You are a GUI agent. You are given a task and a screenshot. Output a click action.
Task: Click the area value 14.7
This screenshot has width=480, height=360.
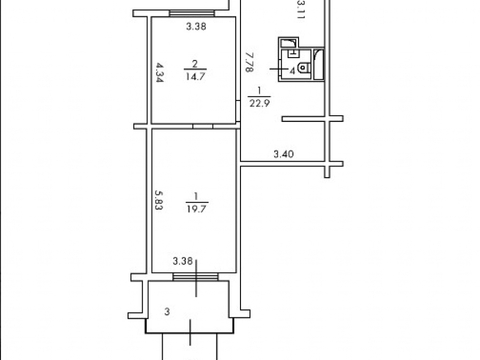[x=195, y=76]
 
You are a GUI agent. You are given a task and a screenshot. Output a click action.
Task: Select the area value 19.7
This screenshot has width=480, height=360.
[x=197, y=209]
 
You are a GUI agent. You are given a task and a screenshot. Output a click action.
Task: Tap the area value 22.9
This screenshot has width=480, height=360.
[x=260, y=103]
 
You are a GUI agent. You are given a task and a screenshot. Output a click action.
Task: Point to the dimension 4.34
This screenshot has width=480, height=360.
[x=160, y=72]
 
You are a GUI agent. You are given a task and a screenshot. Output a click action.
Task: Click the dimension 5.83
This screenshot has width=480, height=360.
[x=159, y=200]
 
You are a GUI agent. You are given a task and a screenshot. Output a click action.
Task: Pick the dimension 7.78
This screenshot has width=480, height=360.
[x=249, y=62]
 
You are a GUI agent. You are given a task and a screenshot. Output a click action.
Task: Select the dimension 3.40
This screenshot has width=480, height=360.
[x=284, y=154]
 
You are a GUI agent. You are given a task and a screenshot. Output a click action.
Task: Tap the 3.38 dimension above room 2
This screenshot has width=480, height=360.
[x=196, y=26]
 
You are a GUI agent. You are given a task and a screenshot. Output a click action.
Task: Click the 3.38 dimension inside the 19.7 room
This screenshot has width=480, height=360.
[x=183, y=261]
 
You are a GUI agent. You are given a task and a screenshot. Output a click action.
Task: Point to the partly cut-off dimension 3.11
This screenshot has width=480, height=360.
[x=301, y=11]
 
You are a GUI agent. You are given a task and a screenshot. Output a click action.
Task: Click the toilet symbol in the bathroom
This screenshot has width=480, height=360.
[x=304, y=68]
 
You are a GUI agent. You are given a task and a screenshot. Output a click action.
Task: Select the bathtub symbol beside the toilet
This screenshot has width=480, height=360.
[x=319, y=64]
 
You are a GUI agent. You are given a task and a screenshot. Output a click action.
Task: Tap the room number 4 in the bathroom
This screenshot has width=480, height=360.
[x=292, y=71]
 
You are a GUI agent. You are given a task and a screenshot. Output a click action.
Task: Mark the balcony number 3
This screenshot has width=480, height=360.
[x=167, y=312]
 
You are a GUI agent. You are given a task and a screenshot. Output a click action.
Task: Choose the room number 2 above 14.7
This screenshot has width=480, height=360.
[x=195, y=63]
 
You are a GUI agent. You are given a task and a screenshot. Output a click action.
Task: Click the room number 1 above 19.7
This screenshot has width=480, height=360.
[x=196, y=196]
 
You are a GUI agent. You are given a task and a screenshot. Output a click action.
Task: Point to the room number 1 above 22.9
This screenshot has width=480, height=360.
[x=259, y=90]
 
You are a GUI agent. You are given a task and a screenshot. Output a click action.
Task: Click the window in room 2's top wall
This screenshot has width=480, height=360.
[x=192, y=13]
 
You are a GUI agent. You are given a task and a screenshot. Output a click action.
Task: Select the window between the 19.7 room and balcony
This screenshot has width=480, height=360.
[x=195, y=277]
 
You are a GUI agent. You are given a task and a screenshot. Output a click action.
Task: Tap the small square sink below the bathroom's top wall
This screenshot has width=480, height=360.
[x=292, y=53]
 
